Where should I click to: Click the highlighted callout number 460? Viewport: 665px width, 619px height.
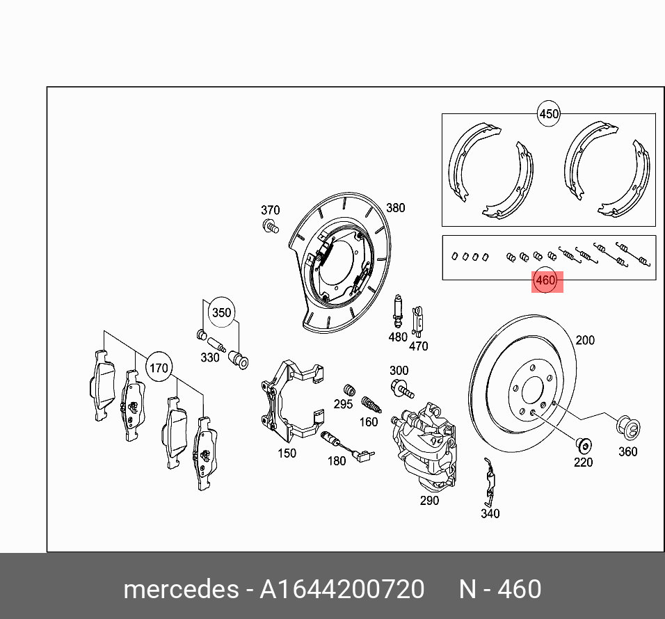click(x=546, y=281)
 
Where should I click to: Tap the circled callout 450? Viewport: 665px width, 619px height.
click(x=549, y=113)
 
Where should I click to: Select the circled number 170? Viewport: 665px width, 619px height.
click(x=159, y=367)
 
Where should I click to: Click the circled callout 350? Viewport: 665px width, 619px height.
click(x=221, y=312)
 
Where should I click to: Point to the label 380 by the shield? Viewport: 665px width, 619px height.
click(x=395, y=207)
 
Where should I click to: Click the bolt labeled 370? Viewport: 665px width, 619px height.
click(x=271, y=226)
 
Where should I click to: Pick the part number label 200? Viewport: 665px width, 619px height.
click(x=585, y=340)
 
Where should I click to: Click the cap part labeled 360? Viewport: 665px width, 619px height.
click(x=628, y=428)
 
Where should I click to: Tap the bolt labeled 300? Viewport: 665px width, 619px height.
click(x=400, y=388)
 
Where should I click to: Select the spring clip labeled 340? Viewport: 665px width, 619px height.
click(x=489, y=484)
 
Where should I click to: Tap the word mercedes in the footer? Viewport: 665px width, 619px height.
click(x=180, y=589)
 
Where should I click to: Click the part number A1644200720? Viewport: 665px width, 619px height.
click(x=342, y=589)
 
